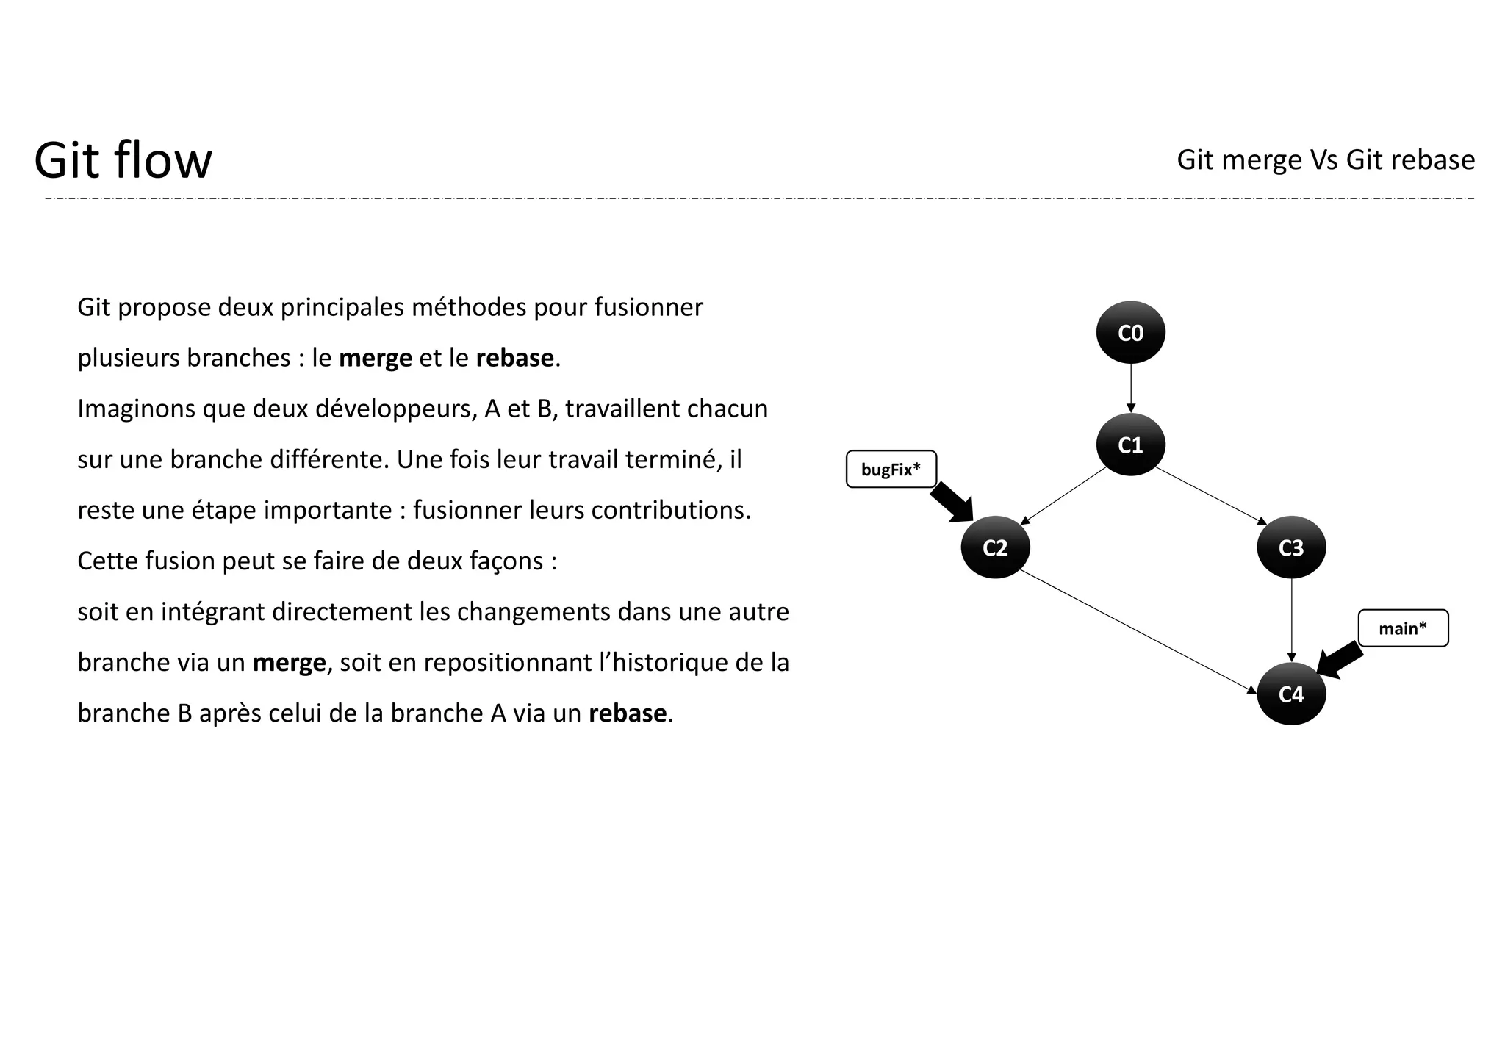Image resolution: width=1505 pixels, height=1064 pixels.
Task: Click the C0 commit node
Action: tap(1130, 333)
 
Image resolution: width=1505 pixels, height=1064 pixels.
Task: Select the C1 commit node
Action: tap(1130, 445)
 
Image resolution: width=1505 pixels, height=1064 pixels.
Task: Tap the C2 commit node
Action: tap(995, 547)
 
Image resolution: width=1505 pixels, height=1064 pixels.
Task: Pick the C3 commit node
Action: tap(1290, 547)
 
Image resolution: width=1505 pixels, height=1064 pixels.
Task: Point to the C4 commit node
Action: tap(1290, 694)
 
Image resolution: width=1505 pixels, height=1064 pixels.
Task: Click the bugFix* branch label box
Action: tap(891, 469)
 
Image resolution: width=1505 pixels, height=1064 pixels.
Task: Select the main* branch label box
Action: tap(1402, 628)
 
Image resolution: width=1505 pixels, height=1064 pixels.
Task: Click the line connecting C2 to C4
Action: tap(1138, 631)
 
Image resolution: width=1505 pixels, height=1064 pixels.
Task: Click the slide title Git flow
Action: tap(123, 160)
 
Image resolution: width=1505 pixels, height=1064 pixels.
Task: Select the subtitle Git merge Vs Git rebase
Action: tap(1325, 159)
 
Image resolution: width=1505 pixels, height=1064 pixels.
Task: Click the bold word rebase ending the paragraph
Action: tap(628, 713)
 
